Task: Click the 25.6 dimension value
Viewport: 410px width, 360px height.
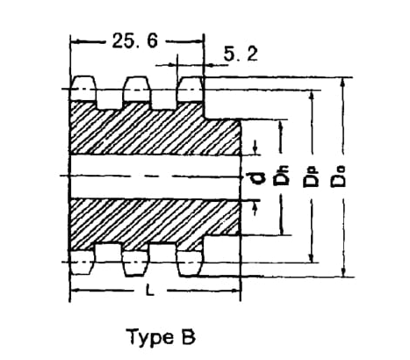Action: coord(135,40)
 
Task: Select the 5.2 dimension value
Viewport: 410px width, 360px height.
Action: coord(241,54)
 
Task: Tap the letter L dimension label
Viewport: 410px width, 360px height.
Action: coord(150,291)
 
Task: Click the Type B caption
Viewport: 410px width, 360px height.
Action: coord(161,337)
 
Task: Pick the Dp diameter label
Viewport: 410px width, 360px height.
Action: coord(310,176)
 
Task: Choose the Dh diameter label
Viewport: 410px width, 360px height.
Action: coord(281,176)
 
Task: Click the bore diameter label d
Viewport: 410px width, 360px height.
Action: coord(255,178)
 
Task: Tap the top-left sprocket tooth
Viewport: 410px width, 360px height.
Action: coord(83,89)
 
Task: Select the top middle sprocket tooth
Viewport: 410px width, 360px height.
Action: coord(137,89)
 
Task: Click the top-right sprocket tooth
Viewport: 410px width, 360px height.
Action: coord(191,89)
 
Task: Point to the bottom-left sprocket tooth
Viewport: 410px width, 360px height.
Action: coord(83,263)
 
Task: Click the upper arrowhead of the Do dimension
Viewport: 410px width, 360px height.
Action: coord(343,83)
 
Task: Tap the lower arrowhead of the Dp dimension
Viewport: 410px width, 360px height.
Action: coord(313,258)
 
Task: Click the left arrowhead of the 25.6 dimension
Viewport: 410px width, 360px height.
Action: coord(76,41)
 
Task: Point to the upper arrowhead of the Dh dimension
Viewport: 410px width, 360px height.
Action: coord(281,124)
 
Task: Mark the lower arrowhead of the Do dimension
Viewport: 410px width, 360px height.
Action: coord(344,272)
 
